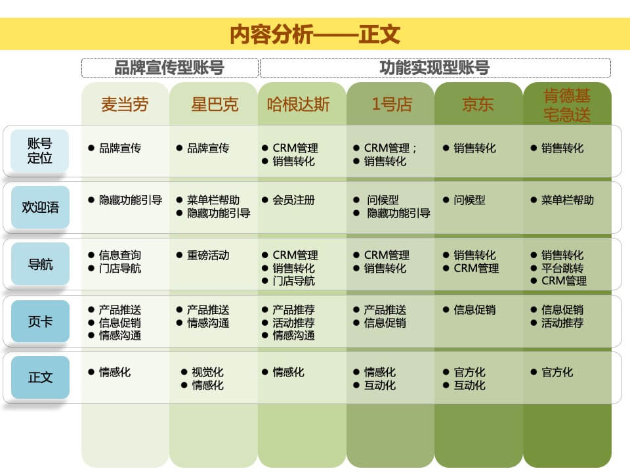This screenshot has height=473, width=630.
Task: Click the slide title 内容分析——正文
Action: [x=315, y=34]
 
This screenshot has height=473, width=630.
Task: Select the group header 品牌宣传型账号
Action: [x=169, y=68]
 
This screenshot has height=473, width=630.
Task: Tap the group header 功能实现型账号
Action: [x=434, y=68]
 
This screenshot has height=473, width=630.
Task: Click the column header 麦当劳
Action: [x=125, y=104]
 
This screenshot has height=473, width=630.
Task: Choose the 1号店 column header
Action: [x=392, y=104]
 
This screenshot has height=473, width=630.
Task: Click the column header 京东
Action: [x=478, y=104]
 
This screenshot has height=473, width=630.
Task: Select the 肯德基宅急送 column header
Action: [x=567, y=105]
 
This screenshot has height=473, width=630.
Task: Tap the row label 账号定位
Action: [x=40, y=151]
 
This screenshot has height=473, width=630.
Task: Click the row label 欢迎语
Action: [x=40, y=208]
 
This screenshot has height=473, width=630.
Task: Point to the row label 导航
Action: [x=40, y=264]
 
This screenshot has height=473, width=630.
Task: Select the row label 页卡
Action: [x=40, y=321]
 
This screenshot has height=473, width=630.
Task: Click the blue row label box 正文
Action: [x=40, y=378]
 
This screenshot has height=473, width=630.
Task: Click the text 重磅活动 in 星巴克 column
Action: [x=208, y=255]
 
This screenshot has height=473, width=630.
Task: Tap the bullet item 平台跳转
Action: [x=562, y=268]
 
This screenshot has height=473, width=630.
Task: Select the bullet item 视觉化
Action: [x=207, y=372]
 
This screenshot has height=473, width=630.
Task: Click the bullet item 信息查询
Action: [x=120, y=255]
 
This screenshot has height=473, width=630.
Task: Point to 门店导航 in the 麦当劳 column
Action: [x=120, y=268]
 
